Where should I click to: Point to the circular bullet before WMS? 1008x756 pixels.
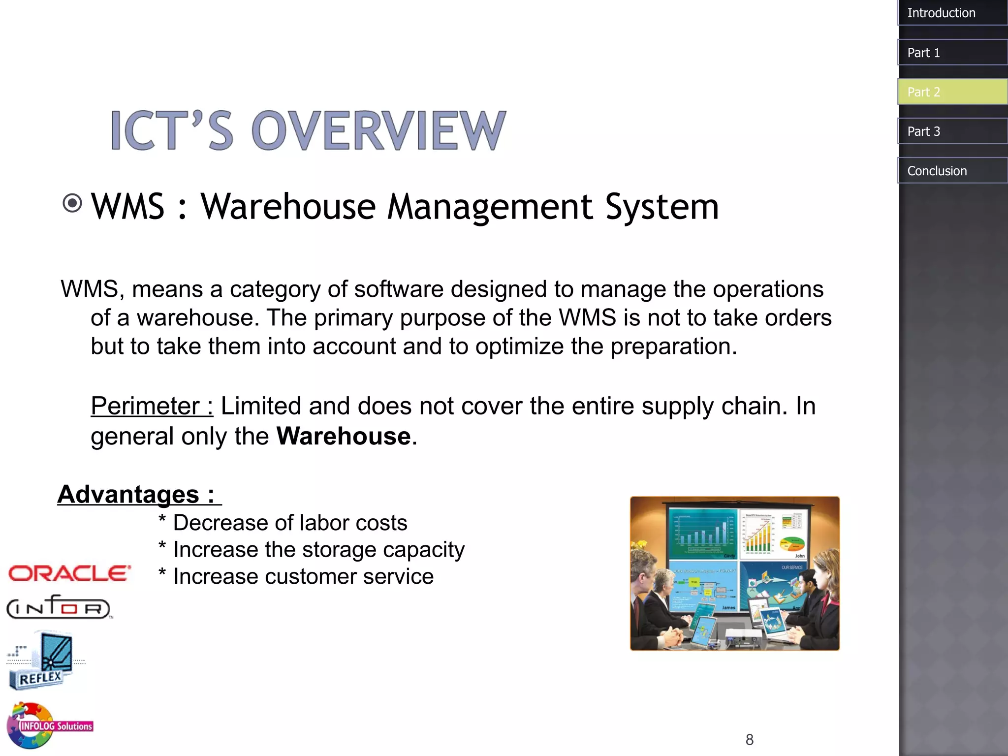pos(73,203)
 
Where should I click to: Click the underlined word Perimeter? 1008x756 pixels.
pos(145,407)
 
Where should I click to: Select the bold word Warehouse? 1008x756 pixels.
pos(344,436)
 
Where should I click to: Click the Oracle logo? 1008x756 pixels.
pos(69,573)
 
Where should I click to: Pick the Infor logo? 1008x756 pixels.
pos(58,607)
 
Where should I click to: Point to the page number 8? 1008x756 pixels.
pos(749,739)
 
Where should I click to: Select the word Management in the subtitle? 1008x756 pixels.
pos(490,206)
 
